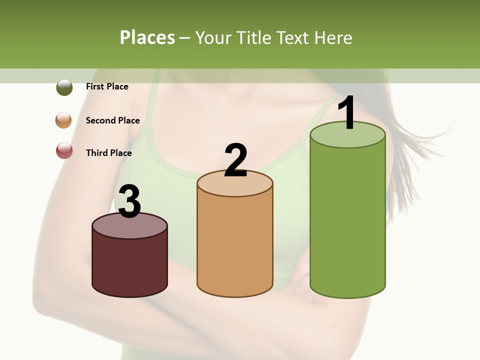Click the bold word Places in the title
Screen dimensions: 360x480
pos(147,37)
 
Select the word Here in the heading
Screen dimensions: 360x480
pos(333,37)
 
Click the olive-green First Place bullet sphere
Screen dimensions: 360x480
pos(64,87)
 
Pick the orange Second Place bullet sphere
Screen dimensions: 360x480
pos(64,120)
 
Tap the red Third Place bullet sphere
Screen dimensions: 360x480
pos(64,150)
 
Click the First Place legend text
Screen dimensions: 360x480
pos(107,86)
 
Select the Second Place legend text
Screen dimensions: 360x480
pos(112,120)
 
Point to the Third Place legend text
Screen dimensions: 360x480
pos(109,153)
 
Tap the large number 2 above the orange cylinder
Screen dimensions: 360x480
pos(235,160)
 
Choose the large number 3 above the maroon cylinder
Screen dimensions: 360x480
pos(129,202)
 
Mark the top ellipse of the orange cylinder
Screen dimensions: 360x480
pos(235,185)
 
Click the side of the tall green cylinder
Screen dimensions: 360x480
pos(347,220)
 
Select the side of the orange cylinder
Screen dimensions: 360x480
pos(235,245)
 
